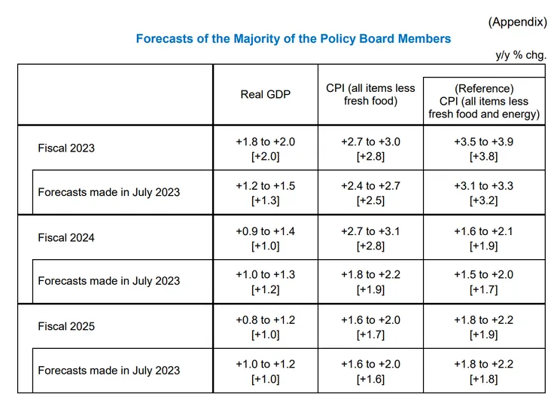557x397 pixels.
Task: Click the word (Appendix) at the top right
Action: (x=517, y=22)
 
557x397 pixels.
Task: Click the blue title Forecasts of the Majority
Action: (x=294, y=38)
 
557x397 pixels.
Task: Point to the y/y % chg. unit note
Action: (x=521, y=55)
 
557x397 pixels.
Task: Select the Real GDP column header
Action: (x=266, y=94)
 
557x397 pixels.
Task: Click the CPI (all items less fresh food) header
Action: (x=370, y=94)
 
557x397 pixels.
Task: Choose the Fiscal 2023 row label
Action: (x=66, y=148)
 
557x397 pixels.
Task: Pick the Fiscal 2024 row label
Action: (x=66, y=237)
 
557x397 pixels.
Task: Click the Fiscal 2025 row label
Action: (x=66, y=326)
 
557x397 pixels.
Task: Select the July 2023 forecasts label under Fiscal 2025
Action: (x=109, y=370)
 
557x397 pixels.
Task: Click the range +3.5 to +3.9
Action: (x=484, y=142)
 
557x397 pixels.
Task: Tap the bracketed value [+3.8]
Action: (x=484, y=157)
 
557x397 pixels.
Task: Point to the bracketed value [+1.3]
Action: (x=266, y=201)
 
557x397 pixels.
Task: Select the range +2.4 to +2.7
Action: (x=370, y=185)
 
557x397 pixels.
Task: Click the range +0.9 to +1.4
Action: (x=266, y=231)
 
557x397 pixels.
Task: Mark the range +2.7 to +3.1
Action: (x=370, y=231)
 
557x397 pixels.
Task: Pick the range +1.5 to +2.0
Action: (x=484, y=275)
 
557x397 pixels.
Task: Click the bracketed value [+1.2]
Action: (x=266, y=290)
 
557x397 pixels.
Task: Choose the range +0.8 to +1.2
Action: (x=266, y=320)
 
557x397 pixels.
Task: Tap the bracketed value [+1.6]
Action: (x=370, y=379)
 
